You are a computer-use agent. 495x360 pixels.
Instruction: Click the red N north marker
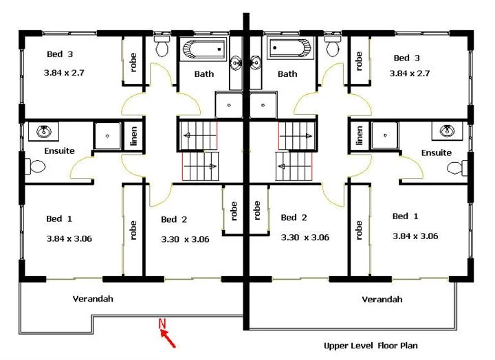tap(163, 323)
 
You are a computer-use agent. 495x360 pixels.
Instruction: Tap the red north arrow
tap(169, 337)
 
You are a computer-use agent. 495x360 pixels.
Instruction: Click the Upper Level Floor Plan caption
tap(371, 346)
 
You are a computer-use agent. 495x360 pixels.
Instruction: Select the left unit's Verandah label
tap(93, 299)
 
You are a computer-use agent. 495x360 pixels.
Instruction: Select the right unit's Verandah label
tap(382, 300)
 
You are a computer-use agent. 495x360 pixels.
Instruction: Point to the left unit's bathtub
tap(202, 49)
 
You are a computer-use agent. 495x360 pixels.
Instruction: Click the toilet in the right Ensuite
tap(458, 166)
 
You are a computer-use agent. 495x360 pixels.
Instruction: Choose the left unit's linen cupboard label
tap(134, 135)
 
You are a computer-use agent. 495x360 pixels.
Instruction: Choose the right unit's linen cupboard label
tap(359, 135)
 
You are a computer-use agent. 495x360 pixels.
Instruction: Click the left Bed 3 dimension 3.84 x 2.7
tap(64, 72)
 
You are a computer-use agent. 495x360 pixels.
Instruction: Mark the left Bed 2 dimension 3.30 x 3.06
tap(185, 239)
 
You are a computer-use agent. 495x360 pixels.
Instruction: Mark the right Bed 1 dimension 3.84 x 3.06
tap(415, 236)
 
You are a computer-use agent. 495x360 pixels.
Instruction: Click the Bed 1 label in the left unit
tap(59, 218)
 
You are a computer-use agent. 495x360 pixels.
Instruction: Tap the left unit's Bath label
tap(203, 74)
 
